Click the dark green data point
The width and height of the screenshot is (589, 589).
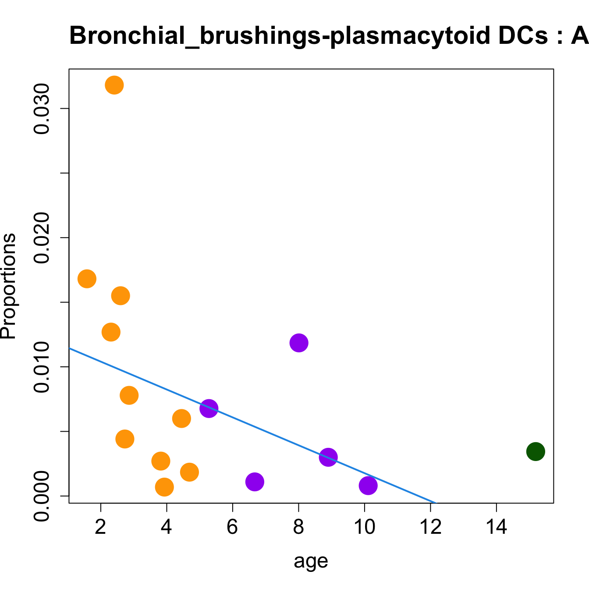(536, 451)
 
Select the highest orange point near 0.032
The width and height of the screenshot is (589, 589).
(114, 85)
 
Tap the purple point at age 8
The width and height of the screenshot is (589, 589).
(299, 343)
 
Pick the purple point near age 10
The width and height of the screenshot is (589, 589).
(368, 485)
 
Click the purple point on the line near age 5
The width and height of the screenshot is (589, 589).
(209, 408)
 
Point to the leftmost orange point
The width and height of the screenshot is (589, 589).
(87, 279)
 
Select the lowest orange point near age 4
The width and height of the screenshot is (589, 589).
(164, 487)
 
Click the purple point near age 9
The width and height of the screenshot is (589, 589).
(328, 458)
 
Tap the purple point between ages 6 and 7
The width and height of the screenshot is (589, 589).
(255, 482)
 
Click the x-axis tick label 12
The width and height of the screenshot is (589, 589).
(430, 527)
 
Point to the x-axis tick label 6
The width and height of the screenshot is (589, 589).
(232, 527)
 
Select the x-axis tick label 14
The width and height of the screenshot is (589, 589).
(496, 527)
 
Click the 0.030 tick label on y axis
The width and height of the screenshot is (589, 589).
(42, 109)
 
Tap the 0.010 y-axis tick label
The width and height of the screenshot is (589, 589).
(42, 367)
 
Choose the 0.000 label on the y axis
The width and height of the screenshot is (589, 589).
(42, 496)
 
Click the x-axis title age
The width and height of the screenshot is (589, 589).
(311, 561)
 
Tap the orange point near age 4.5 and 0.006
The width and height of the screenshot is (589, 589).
(181, 419)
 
